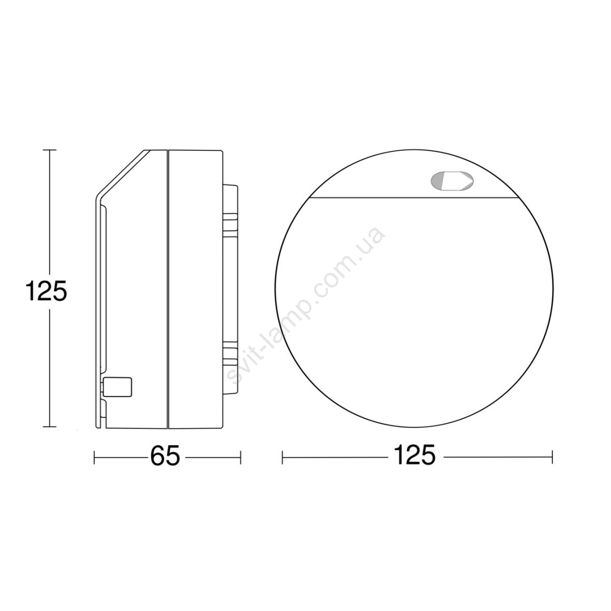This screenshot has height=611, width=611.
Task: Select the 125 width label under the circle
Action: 414,454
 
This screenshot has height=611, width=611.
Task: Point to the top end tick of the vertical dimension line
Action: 49,150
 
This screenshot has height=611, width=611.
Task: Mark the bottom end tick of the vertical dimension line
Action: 49,427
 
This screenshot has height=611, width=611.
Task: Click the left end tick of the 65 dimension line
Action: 95,457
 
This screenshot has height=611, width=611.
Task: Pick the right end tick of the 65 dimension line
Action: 240,457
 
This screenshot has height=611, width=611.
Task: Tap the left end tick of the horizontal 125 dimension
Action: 282,457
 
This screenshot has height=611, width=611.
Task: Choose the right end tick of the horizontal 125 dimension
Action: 552,457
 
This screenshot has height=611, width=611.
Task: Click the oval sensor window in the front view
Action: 452,181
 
